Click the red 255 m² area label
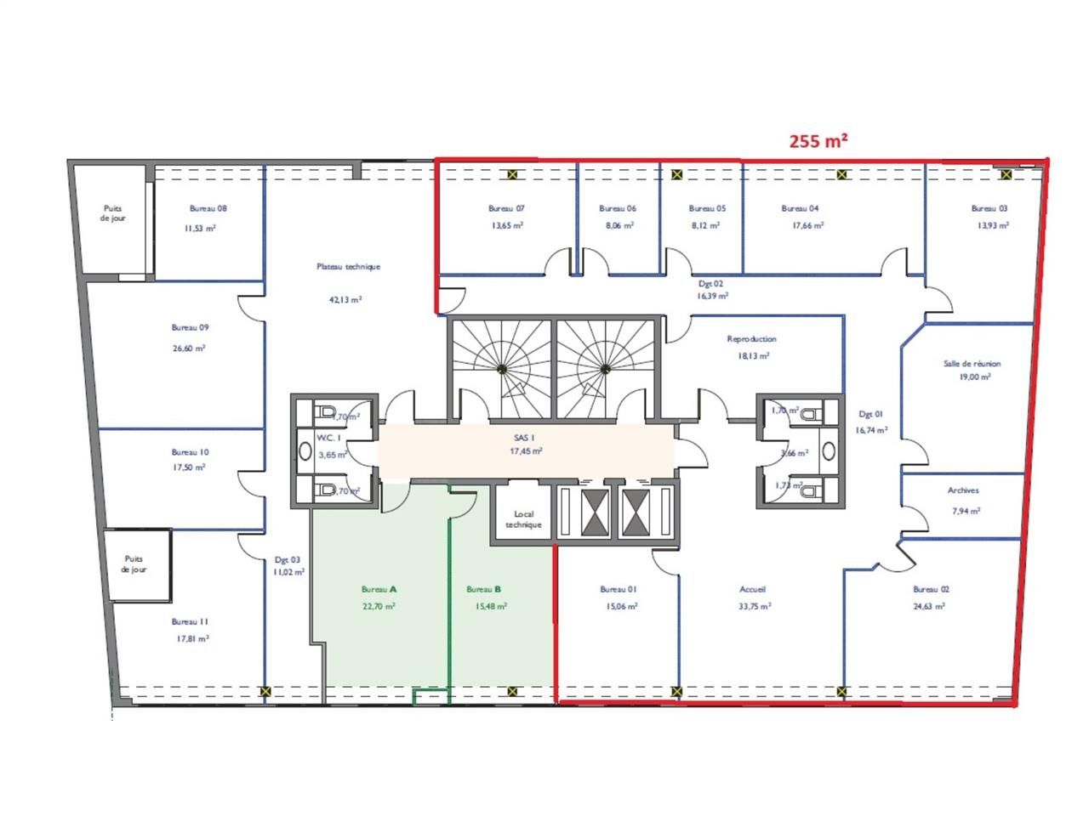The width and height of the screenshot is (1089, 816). click(x=818, y=142)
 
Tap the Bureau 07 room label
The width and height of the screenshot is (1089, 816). click(x=506, y=208)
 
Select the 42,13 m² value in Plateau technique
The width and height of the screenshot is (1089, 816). click(x=345, y=299)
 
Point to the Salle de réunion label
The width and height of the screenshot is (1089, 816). click(x=972, y=364)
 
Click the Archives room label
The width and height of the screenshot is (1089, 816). click(x=963, y=490)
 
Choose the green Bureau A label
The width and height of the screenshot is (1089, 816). click(x=379, y=589)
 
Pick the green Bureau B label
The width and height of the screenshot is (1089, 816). click(x=484, y=589)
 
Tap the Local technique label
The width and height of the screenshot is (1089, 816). click(x=523, y=519)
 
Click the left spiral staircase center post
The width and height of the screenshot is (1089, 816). click(x=502, y=369)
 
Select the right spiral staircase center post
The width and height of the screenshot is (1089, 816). click(x=605, y=369)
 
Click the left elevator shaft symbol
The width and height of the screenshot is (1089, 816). click(x=593, y=513)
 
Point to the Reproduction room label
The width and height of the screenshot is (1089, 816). click(x=751, y=339)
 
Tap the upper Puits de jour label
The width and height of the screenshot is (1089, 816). click(x=112, y=213)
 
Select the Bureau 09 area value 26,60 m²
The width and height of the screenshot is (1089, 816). click(x=191, y=348)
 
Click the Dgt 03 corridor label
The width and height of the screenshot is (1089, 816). click(x=287, y=560)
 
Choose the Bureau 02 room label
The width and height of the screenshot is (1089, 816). click(x=931, y=589)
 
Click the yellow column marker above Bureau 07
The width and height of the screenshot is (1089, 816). click(x=513, y=175)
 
